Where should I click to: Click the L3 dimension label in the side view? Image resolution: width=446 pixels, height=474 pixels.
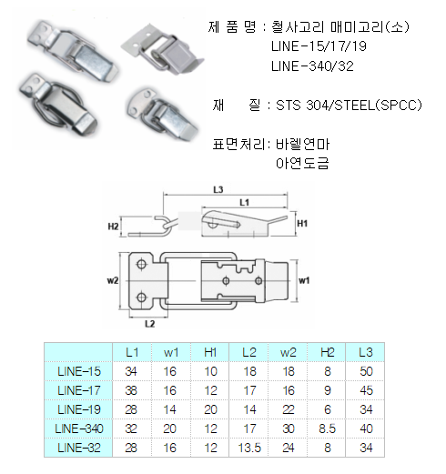pyautogui.click(x=218, y=190)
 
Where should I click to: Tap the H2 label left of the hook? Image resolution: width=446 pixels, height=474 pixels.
pyautogui.click(x=113, y=227)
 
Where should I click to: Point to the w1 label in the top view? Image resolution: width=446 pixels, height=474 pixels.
pyautogui.click(x=304, y=280)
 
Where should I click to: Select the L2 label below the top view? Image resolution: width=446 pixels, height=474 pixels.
pyautogui.click(x=150, y=324)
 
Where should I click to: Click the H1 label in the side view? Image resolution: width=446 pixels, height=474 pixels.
pyautogui.click(x=302, y=224)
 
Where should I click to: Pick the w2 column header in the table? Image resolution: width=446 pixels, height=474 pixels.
pyautogui.click(x=289, y=352)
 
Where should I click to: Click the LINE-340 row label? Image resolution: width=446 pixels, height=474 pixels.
pyautogui.click(x=79, y=429)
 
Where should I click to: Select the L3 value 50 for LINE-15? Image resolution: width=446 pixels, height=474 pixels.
pyautogui.click(x=366, y=371)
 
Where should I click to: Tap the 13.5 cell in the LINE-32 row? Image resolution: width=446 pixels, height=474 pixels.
pyautogui.click(x=249, y=448)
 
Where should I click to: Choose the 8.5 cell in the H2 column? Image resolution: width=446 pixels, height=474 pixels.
pyautogui.click(x=328, y=429)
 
